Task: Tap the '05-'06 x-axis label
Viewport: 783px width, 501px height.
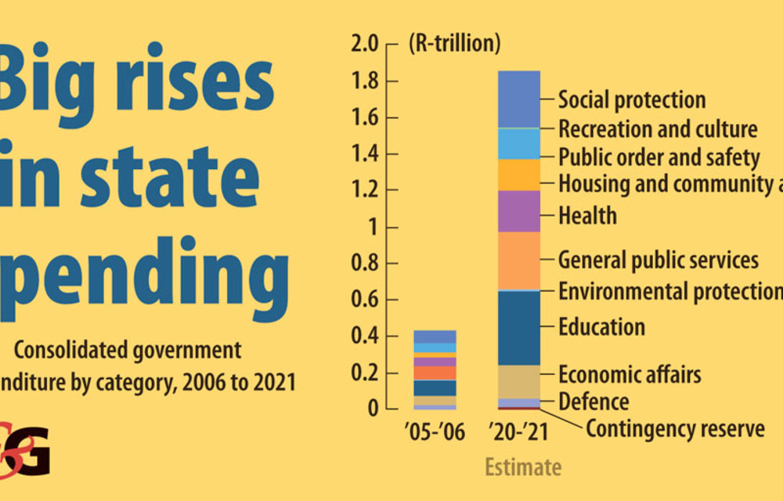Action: coord(435,431)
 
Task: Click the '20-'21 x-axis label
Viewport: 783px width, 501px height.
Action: coord(519,431)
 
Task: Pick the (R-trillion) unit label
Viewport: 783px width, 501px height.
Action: coord(454,44)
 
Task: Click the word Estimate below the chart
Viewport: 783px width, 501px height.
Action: coord(523,467)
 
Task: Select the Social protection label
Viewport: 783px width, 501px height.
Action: coord(632,100)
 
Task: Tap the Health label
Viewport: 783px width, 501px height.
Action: coord(587,215)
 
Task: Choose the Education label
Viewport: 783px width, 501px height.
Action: coord(601,326)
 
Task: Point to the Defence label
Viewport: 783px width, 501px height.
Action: coord(594,402)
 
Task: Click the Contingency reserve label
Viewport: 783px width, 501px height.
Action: coord(675,429)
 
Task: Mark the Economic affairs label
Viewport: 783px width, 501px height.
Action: coord(630,373)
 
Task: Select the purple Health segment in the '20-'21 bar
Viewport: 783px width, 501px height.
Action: coord(519,211)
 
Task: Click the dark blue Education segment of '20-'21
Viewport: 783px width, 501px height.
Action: coord(519,328)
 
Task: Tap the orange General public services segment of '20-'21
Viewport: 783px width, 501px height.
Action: coord(519,261)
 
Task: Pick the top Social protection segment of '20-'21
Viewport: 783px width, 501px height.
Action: coord(519,99)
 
